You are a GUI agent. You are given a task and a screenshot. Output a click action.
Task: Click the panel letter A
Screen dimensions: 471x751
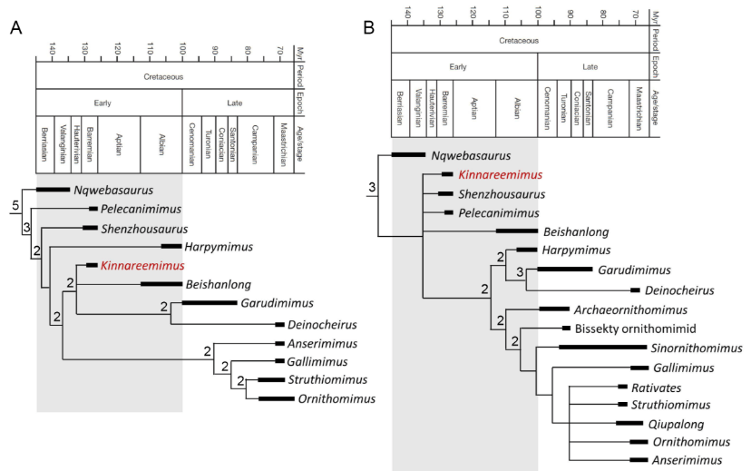click(15, 26)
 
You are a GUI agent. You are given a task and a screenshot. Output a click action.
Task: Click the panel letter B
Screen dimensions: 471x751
click(369, 27)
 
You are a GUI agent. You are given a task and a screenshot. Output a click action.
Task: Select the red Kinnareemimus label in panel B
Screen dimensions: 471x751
click(500, 175)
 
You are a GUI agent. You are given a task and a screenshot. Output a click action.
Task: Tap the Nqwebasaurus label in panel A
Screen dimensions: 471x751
click(115, 191)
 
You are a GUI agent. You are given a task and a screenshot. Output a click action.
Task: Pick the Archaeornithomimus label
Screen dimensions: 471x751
click(625, 309)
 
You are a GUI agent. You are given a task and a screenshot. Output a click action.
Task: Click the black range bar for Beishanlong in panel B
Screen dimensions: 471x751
click(517, 231)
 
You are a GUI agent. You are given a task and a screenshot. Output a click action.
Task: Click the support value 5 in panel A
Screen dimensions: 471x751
click(15, 207)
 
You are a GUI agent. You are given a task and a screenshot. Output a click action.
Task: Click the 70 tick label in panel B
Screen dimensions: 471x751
click(636, 15)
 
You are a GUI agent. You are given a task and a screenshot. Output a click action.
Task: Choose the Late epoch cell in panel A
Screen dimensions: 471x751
click(238, 103)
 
